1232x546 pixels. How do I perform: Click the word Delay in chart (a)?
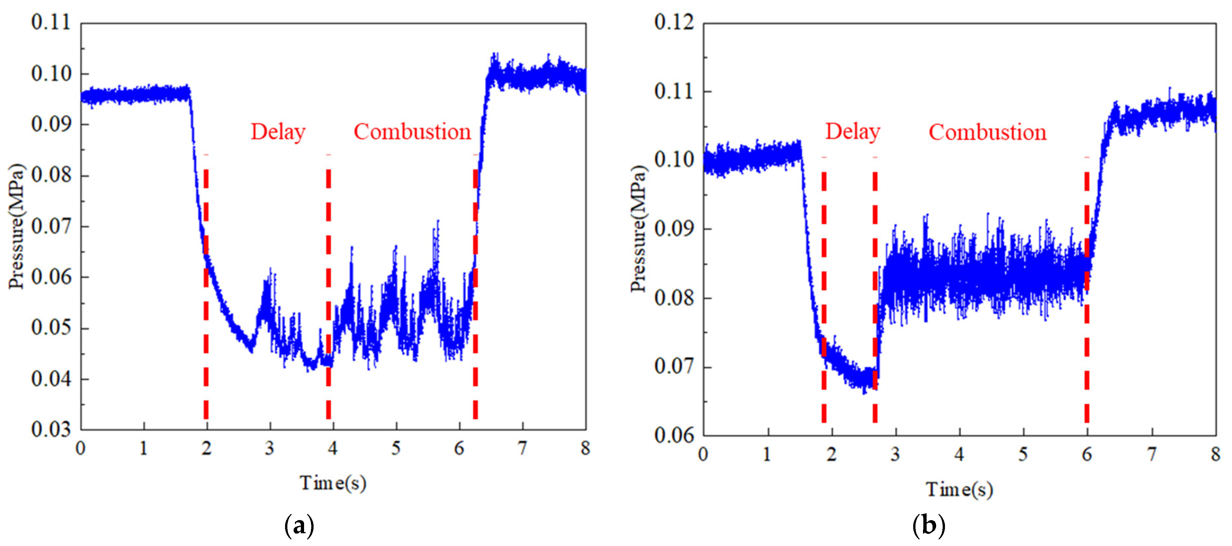278,132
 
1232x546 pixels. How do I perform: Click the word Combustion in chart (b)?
987,132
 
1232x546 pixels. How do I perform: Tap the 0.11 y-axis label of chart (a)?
51,23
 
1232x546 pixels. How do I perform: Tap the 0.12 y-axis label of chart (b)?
674,23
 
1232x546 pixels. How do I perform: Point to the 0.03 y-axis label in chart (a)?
51,429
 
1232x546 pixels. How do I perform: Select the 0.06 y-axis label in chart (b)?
674,435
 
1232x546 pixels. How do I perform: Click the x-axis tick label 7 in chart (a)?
522,448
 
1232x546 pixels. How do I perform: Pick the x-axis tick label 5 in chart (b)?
1023,454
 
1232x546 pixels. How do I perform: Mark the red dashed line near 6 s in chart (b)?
1087,297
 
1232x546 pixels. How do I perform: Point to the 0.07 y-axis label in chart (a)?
51,226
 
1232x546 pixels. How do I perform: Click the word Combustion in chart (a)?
412,132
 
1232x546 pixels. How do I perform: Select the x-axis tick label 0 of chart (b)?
703,454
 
